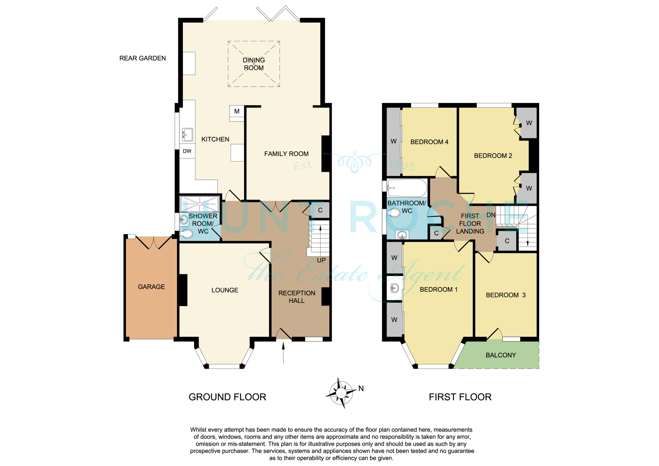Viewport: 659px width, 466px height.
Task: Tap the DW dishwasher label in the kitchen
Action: coord(187,151)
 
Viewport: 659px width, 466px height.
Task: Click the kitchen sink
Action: coord(187,135)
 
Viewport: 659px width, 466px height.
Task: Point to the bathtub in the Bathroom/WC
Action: coord(407,188)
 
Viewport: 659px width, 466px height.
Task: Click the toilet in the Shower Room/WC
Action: coord(186,234)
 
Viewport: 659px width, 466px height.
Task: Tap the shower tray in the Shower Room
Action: coord(199,204)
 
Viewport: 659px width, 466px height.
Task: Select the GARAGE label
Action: coord(151,287)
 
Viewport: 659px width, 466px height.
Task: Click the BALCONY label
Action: coord(501,355)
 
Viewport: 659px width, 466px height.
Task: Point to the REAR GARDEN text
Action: coord(143,58)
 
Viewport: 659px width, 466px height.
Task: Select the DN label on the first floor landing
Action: coord(491,215)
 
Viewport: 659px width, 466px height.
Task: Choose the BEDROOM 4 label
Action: coord(429,142)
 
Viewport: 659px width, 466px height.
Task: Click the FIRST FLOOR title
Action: coord(460,397)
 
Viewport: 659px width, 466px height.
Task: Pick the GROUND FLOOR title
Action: coord(227,397)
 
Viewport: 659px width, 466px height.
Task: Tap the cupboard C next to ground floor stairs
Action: coord(320,210)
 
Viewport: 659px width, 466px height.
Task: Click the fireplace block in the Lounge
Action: coord(183,290)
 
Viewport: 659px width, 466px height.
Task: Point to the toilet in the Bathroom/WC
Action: coord(394,213)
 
